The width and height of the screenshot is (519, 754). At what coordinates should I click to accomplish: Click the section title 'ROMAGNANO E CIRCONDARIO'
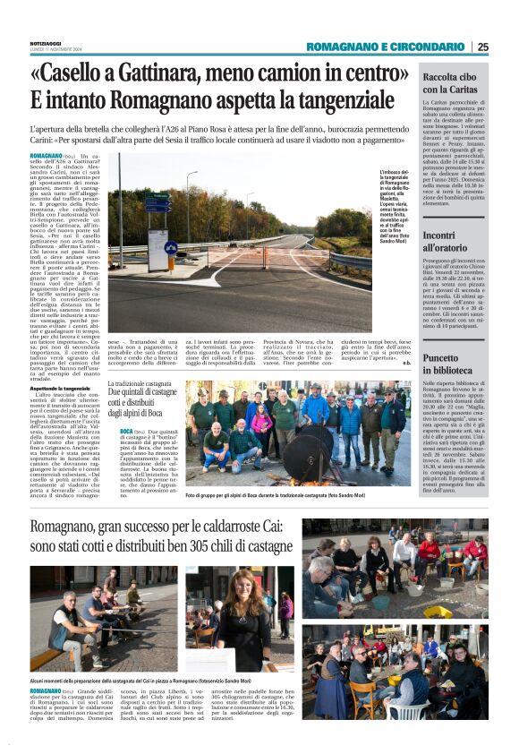pyautogui.click(x=386, y=47)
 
